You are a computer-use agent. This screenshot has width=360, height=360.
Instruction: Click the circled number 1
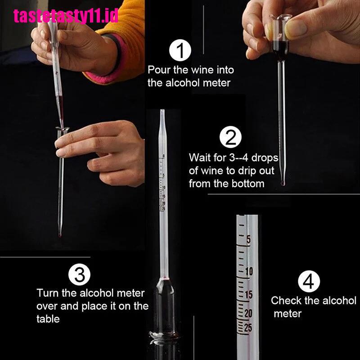[x=180, y=50]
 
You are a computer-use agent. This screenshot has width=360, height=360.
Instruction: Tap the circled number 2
[x=230, y=137]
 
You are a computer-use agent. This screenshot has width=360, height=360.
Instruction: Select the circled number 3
[x=80, y=274]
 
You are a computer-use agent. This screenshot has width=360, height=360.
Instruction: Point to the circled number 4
[x=309, y=281]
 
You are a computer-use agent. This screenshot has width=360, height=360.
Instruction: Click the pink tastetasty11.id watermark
[x=66, y=16]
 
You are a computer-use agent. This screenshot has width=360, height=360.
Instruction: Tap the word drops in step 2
[x=265, y=158]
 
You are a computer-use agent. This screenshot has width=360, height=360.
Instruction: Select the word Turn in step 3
[x=47, y=293]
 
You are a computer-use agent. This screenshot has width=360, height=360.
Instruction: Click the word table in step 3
[x=48, y=319]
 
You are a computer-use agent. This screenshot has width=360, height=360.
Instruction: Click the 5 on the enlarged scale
[x=248, y=239]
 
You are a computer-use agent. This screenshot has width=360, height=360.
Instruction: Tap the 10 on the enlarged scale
[x=249, y=272]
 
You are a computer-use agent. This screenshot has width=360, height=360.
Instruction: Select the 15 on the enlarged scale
[x=249, y=295]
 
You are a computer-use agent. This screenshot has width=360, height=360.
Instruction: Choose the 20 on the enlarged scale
[x=248, y=313]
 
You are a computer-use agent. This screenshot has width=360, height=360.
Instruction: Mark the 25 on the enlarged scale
[x=248, y=328]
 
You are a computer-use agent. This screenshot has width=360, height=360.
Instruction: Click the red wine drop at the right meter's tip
[x=283, y=183]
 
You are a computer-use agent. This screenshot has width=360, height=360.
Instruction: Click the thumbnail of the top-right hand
[x=296, y=28]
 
